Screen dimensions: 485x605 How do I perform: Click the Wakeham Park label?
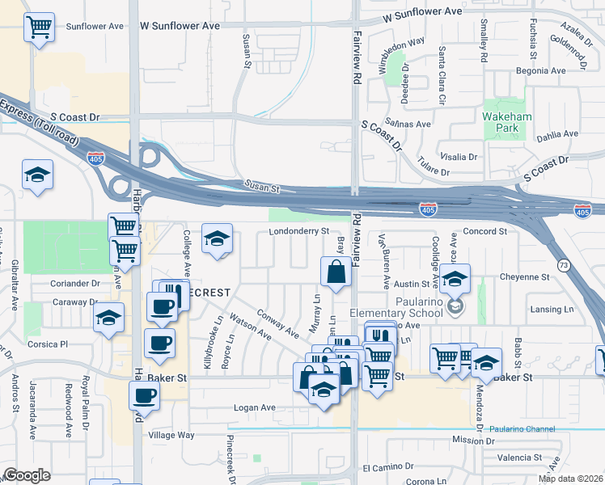[507, 122]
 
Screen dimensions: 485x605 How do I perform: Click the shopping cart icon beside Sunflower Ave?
[39, 27]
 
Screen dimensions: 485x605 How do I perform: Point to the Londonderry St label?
[300, 231]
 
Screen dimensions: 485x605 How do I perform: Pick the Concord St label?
[485, 231]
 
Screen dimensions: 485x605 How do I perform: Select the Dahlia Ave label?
[558, 134]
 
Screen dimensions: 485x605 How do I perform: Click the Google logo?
[27, 475]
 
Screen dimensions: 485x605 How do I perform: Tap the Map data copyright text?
[570, 479]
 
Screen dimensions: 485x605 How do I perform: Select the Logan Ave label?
[255, 407]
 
